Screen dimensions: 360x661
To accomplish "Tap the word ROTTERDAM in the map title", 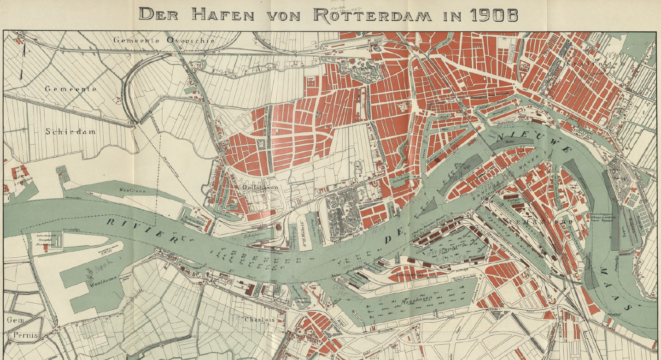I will [x=372, y=14].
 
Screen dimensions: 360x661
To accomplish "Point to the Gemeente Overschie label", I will [x=164, y=41].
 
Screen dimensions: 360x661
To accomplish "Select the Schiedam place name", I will [x=70, y=131].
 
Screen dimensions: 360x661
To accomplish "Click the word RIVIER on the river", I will [x=142, y=230].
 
